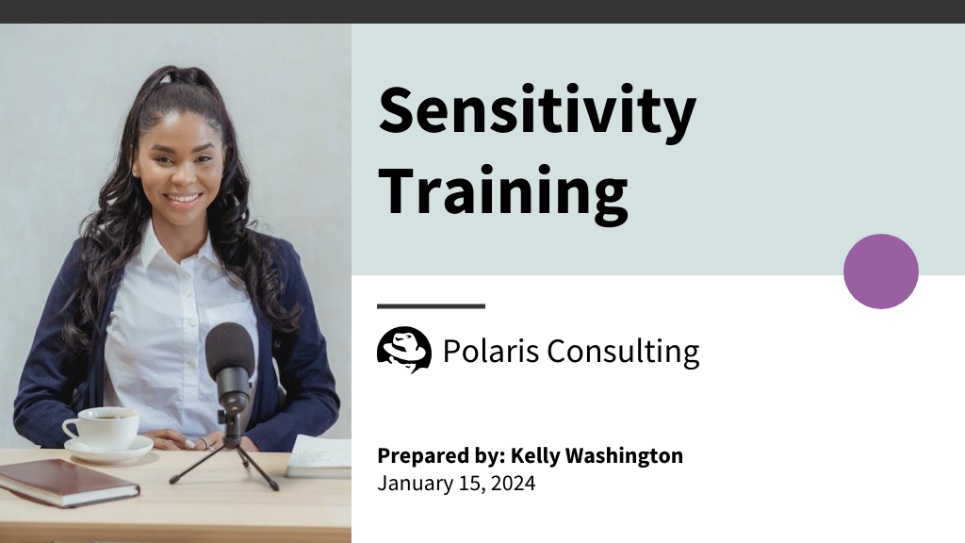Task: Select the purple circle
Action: coord(880,271)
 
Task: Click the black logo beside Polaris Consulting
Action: coord(403,350)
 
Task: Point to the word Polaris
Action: coord(490,351)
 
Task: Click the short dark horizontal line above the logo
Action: coord(431,306)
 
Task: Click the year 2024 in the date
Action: coord(515,484)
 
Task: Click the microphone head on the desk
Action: coord(230,354)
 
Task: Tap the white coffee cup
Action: coord(102,428)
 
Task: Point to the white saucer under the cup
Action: coord(108,449)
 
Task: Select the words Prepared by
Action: coord(440,456)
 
